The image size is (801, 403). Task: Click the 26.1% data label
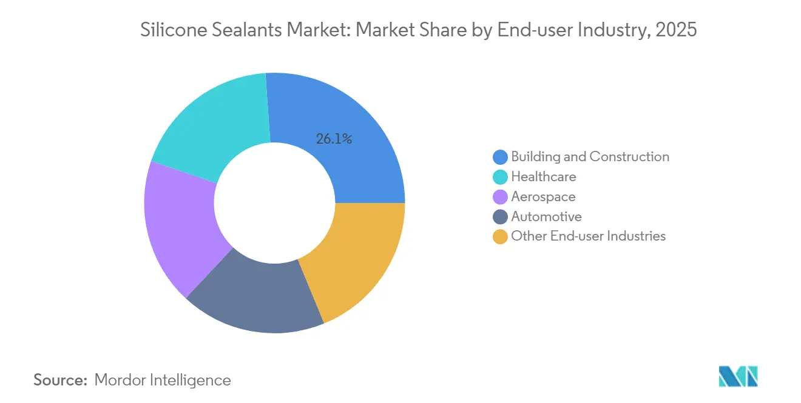point(334,139)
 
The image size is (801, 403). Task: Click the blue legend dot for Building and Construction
point(500,158)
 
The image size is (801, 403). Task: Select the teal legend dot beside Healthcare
point(500,177)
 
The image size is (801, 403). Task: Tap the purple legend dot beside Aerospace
point(500,197)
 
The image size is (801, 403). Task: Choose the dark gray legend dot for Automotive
point(500,217)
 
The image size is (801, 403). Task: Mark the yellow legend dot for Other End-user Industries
point(500,237)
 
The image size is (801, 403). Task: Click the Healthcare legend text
point(543,177)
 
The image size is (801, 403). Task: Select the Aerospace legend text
point(543,197)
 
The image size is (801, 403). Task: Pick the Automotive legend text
point(546,217)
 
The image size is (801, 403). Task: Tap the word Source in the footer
point(61,380)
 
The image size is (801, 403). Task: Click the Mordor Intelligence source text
point(163,380)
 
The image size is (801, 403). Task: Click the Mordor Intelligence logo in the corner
point(738,376)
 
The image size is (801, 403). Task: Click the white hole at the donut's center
point(274,202)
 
